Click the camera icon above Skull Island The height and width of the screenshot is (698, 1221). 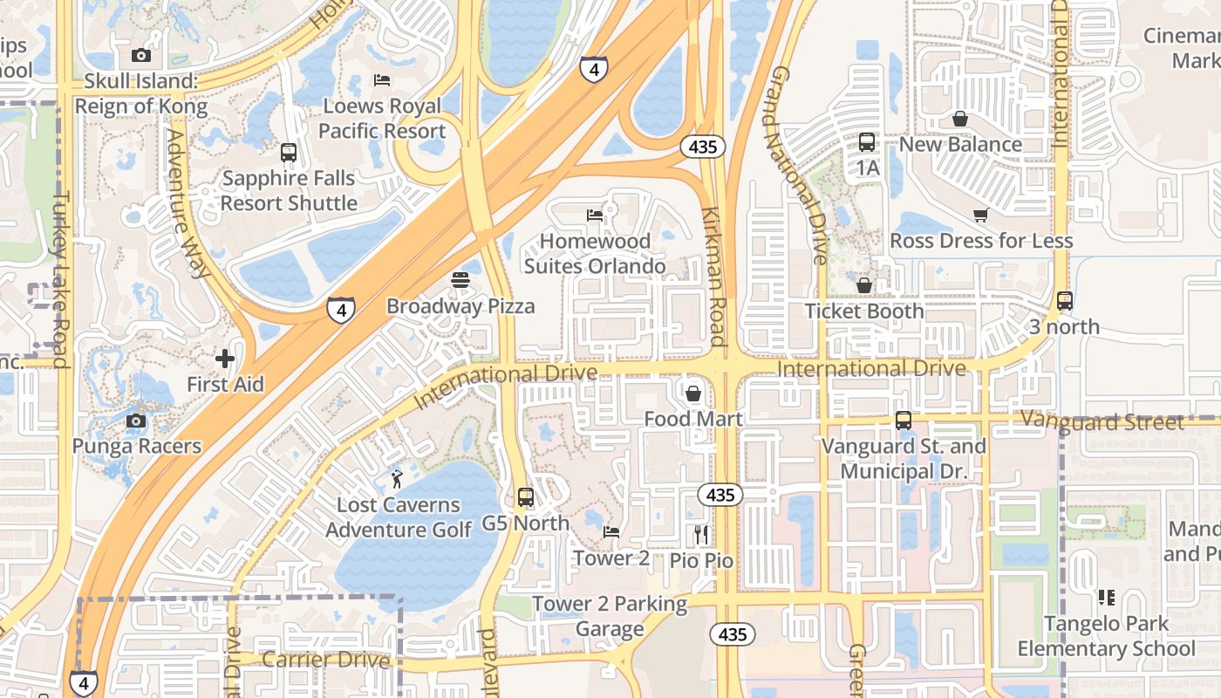click(x=140, y=55)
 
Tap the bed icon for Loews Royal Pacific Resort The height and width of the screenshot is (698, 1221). click(x=382, y=80)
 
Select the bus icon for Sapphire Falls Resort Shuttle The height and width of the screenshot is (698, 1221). click(x=289, y=153)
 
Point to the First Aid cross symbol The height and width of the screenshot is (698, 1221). click(x=225, y=359)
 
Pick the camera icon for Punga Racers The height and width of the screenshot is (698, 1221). click(x=136, y=421)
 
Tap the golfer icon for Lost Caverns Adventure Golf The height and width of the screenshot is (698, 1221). click(x=398, y=479)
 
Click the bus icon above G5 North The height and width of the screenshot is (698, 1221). click(x=525, y=497)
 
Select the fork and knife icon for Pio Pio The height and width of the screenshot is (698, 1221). click(x=702, y=534)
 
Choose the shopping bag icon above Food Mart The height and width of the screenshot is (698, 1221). click(x=693, y=393)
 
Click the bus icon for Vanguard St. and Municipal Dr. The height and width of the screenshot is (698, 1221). click(x=904, y=421)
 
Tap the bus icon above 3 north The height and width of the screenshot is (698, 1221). click(x=1064, y=301)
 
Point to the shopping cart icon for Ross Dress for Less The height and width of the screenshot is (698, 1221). click(x=980, y=215)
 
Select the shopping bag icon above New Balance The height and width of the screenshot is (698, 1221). click(x=960, y=119)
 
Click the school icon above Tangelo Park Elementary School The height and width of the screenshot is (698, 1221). click(x=1106, y=598)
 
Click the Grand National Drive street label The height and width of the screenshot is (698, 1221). click(x=797, y=166)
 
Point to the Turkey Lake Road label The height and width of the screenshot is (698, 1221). click(x=60, y=279)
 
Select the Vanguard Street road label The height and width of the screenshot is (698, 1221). click(x=1102, y=422)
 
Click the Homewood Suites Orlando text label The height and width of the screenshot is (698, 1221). click(x=596, y=253)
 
